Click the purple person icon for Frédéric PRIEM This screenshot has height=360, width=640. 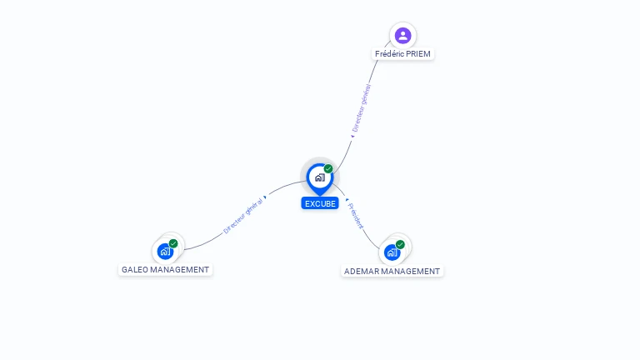(x=403, y=35)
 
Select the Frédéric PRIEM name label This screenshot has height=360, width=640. (x=403, y=53)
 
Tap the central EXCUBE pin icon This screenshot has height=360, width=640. (x=319, y=177)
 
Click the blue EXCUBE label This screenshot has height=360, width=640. (x=320, y=203)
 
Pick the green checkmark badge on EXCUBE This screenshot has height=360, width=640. (x=328, y=169)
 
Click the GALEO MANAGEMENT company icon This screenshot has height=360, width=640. (x=165, y=250)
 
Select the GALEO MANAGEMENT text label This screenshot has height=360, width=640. (x=165, y=269)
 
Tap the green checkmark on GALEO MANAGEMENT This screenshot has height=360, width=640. (x=173, y=243)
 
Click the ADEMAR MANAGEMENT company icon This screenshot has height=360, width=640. (x=392, y=252)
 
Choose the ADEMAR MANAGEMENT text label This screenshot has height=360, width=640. (x=392, y=271)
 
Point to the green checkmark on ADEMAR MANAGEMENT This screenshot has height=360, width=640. (x=400, y=245)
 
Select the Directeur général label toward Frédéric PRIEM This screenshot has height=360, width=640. (x=362, y=108)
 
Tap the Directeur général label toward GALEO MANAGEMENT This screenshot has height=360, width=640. (x=242, y=216)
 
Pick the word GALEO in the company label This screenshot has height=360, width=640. (x=135, y=269)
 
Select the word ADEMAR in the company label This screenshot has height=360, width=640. (x=362, y=271)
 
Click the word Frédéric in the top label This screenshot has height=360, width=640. (x=389, y=53)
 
